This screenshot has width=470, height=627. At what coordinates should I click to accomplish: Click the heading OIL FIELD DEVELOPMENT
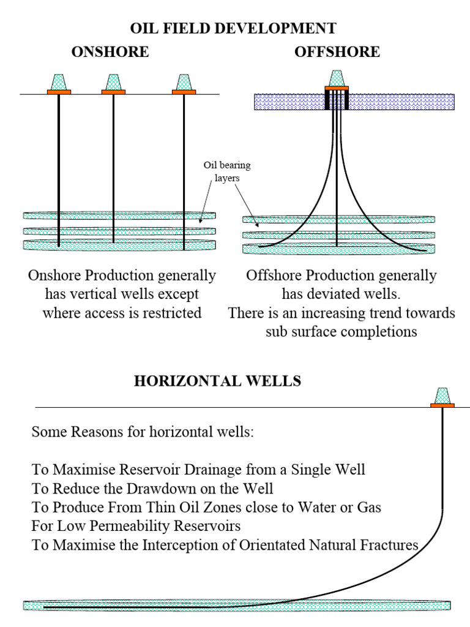coord(233,28)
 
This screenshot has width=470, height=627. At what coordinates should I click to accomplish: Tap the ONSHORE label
coord(110,52)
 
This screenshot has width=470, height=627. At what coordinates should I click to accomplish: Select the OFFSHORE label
coord(337,52)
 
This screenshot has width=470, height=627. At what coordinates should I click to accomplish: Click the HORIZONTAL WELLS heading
coord(217,381)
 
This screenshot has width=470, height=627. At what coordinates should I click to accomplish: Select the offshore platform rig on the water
coord(337,80)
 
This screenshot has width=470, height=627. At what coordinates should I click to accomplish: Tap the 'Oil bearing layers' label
coord(227,171)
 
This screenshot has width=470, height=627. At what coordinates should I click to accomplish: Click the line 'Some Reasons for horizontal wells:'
coord(142,432)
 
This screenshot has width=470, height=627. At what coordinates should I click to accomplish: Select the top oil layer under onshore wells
coord(120,216)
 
